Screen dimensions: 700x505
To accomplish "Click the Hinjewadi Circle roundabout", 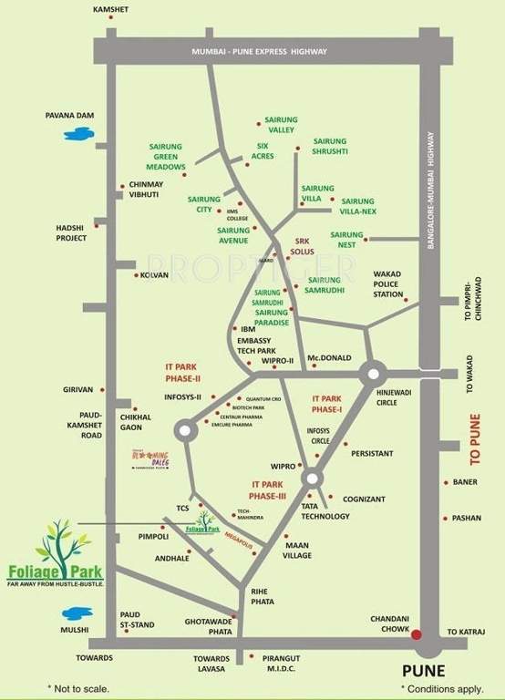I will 372,373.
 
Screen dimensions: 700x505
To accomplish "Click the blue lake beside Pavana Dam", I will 77,134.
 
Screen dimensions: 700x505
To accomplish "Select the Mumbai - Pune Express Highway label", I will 259,52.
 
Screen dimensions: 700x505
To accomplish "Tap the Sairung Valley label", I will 282,125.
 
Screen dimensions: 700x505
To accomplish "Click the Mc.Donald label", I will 330,357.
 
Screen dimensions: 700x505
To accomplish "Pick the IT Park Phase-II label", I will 183,371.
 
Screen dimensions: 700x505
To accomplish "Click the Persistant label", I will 372,452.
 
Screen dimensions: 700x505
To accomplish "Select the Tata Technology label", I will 325,510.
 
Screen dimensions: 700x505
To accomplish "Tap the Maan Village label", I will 297,549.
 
